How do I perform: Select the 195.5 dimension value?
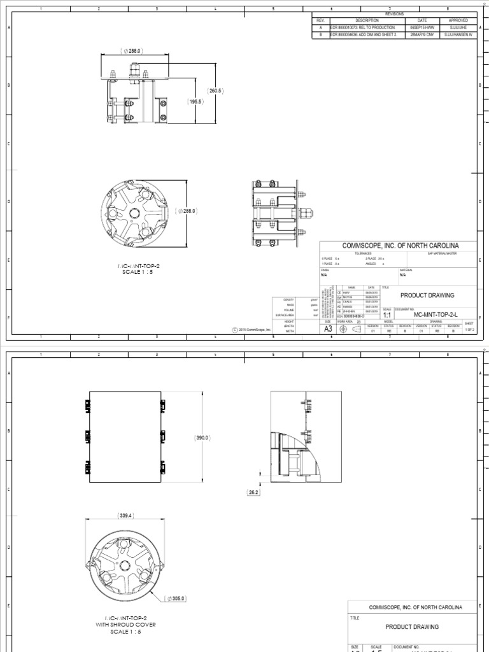click(x=195, y=102)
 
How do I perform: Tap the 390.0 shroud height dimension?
click(x=202, y=438)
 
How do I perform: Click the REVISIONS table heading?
click(x=395, y=14)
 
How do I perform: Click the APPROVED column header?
click(x=458, y=20)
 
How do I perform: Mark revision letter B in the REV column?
click(x=321, y=36)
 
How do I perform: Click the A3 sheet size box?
click(x=329, y=329)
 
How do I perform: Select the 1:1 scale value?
click(x=386, y=314)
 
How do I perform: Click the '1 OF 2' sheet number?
click(x=470, y=329)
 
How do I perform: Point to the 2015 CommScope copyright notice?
click(x=252, y=330)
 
